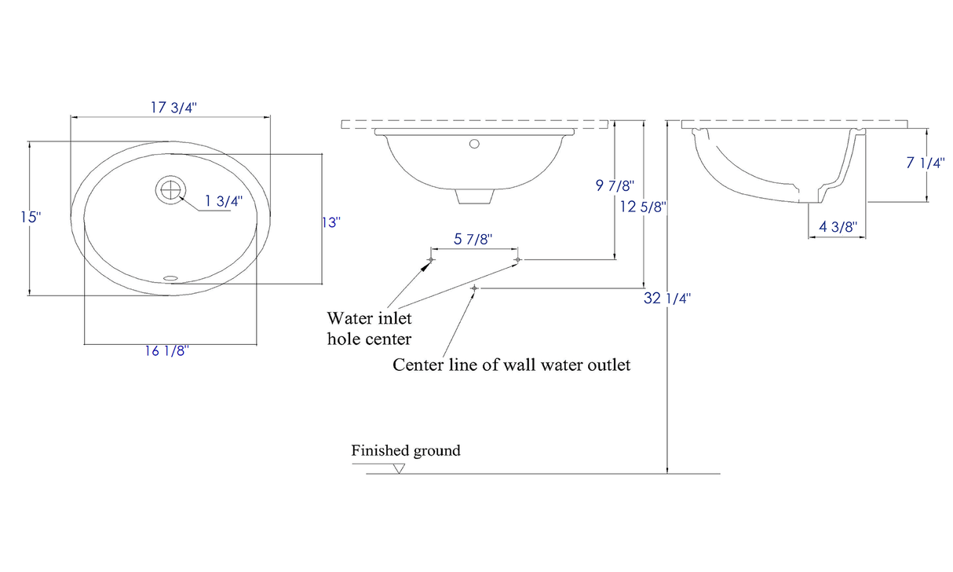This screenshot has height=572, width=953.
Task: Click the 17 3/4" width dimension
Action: click(173, 108)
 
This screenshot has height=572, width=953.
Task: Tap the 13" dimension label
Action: click(332, 222)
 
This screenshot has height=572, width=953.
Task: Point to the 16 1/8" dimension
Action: click(166, 351)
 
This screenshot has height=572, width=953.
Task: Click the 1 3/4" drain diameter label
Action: click(224, 200)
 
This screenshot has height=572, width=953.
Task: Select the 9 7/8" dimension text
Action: click(615, 185)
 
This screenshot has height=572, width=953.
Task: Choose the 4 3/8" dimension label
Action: click(838, 227)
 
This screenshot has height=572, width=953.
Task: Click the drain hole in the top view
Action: click(170, 190)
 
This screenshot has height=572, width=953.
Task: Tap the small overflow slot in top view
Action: click(170, 277)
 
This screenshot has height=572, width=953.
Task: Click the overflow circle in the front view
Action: click(473, 144)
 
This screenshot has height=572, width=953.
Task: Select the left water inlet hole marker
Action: click(430, 259)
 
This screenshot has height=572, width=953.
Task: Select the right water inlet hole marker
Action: click(517, 259)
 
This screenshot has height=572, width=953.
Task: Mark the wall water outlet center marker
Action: click(473, 289)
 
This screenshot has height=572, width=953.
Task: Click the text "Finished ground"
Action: click(405, 451)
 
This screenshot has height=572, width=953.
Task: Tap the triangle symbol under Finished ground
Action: click(399, 469)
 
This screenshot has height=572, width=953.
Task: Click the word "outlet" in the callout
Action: click(606, 365)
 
